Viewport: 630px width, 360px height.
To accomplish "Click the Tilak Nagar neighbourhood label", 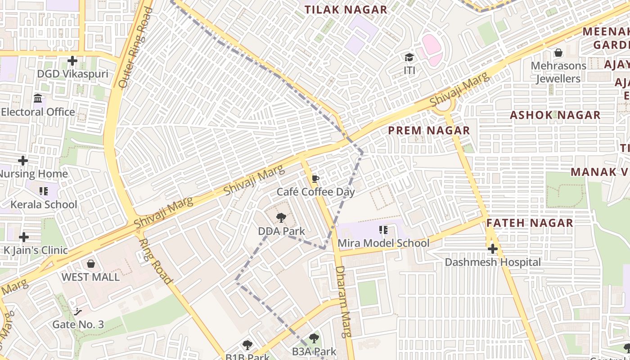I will point(346,9).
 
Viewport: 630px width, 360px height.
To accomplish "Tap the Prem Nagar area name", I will point(429,130).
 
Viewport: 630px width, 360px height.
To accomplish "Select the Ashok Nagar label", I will point(555,115).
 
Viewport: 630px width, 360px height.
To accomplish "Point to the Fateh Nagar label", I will point(530,223).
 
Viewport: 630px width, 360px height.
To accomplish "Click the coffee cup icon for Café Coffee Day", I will point(315,179).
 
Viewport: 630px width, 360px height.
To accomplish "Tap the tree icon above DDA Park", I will point(281,218).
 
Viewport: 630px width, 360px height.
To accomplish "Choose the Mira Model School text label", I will point(383,243).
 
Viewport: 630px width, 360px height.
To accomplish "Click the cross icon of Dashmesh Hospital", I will point(493,249).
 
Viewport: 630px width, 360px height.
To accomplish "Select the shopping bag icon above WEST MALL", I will point(91,264).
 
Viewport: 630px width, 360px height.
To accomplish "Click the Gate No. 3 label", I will point(78,324).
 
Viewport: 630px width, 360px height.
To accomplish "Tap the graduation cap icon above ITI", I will point(409,58).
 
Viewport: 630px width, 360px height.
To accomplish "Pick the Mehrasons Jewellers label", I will point(558,72).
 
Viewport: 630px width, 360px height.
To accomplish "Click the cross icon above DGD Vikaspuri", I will point(72,60).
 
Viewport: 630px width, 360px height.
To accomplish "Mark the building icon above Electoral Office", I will point(38,99).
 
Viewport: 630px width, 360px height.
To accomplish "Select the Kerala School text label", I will point(44,205).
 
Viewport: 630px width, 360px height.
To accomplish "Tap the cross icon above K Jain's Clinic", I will point(24,237).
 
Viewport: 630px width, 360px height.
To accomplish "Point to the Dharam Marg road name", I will point(343,301).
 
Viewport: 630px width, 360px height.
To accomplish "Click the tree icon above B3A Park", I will point(314,338).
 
